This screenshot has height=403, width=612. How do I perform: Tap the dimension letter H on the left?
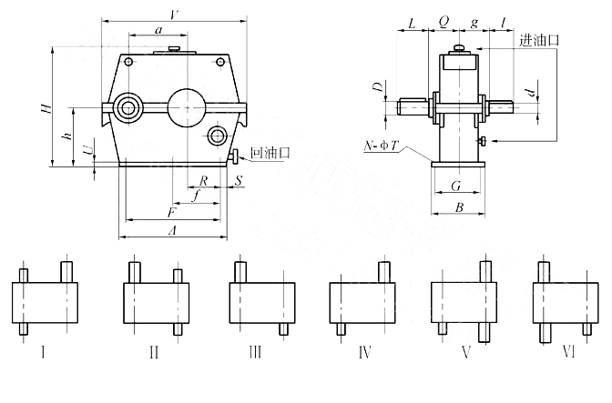pos(43,108)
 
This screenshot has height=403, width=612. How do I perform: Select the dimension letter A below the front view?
pos(172,231)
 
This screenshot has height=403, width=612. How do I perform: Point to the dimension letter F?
pos(170,212)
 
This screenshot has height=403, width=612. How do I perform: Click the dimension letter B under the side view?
pos(460,208)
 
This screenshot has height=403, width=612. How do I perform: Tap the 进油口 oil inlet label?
pos(539,41)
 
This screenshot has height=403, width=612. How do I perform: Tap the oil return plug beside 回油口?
pos(235,155)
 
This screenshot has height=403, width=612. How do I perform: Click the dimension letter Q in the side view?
pos(444,19)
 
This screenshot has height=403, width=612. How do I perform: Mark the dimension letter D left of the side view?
pos(375,88)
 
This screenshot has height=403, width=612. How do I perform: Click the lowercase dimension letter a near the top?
pos(158,30)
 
